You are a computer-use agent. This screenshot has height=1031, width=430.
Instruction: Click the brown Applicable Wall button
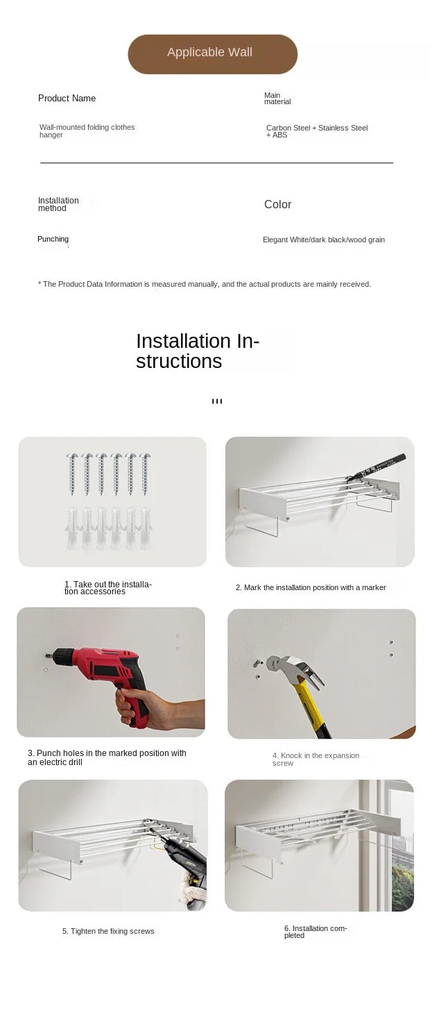[x=212, y=54]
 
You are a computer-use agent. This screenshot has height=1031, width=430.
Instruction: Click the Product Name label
[x=67, y=98]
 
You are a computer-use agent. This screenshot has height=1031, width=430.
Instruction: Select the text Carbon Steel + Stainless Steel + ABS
[x=317, y=131]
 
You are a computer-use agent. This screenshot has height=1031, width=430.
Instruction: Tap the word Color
[x=278, y=204]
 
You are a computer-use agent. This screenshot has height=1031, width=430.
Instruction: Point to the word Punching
[x=53, y=239]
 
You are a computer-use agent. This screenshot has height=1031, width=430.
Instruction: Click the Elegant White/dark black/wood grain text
[x=324, y=240]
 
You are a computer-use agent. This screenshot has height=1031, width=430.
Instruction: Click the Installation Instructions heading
[x=198, y=351]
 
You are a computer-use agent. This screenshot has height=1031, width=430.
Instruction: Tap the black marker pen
[x=377, y=467]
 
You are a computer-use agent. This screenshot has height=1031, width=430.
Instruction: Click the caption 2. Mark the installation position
[x=311, y=587]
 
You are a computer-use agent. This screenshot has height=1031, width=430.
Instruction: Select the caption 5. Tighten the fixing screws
[x=108, y=931]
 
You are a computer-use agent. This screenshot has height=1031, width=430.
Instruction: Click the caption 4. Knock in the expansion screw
[x=316, y=759]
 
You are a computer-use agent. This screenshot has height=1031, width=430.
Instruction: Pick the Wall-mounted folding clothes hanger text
[x=87, y=131]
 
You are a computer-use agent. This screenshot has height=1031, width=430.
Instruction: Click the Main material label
[x=277, y=98]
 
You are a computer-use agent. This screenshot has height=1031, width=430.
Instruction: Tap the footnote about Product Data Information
[x=204, y=284]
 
